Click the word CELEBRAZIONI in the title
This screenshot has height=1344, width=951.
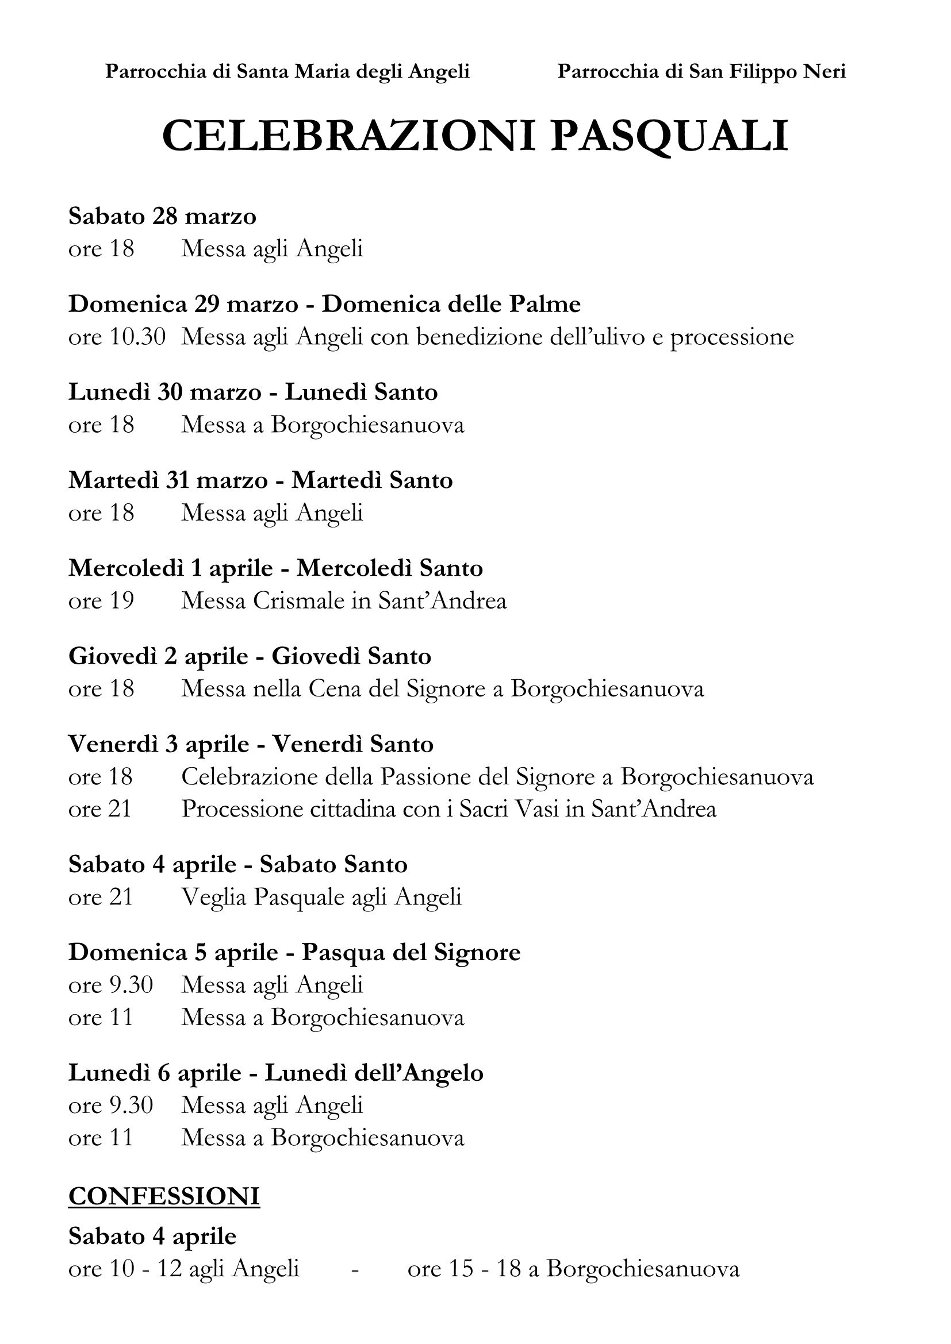pyautogui.click(x=349, y=136)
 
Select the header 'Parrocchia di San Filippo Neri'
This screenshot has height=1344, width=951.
pyautogui.click(x=701, y=71)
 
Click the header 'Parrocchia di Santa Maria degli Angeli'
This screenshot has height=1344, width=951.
pyautogui.click(x=287, y=71)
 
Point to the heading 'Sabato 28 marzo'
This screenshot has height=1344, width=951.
pyautogui.click(x=162, y=216)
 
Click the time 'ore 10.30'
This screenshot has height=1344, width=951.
pyautogui.click(x=117, y=337)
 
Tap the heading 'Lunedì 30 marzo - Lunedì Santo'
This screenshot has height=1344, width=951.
pyautogui.click(x=253, y=392)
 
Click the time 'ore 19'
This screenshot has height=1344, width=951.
pyautogui.click(x=101, y=600)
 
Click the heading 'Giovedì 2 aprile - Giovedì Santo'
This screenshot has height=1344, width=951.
pyautogui.click(x=250, y=656)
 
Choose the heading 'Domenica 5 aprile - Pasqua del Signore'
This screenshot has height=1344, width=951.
pyautogui.click(x=294, y=952)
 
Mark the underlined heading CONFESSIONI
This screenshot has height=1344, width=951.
pyautogui.click(x=164, y=1196)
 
